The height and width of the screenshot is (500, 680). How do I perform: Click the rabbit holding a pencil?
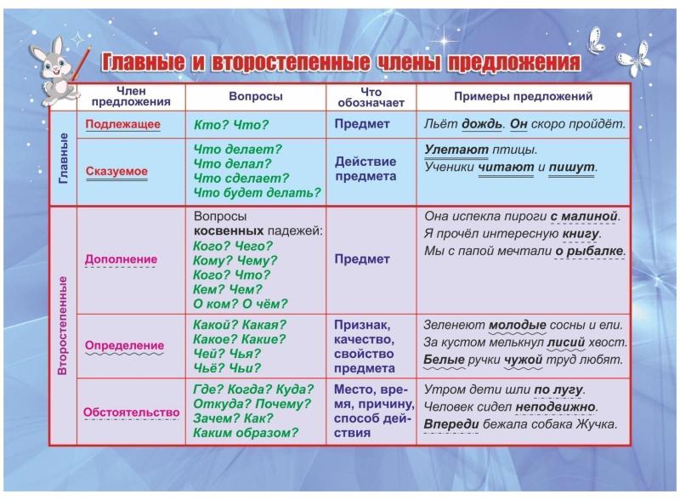click(55, 71)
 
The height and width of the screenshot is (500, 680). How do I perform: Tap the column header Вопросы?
click(256, 96)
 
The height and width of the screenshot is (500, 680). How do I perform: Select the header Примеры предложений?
click(523, 96)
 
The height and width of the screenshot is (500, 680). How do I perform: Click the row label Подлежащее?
click(122, 124)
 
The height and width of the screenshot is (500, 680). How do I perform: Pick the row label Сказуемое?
click(116, 171)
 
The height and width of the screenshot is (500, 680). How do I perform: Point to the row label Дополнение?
click(121, 259)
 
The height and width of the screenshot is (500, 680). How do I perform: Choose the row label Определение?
click(124, 345)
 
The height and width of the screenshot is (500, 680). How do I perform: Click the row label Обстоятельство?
click(132, 412)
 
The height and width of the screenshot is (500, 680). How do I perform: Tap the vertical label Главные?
click(63, 158)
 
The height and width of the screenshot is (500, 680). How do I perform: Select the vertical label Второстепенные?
click(63, 326)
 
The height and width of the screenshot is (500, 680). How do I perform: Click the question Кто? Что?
click(231, 125)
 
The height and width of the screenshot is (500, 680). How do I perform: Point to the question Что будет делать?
click(257, 192)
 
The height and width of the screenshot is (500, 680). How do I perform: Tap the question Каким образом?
click(246, 433)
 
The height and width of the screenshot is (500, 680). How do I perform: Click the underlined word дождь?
click(481, 124)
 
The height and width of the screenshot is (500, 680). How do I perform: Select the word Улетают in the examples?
click(456, 150)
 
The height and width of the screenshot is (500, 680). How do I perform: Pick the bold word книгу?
click(581, 234)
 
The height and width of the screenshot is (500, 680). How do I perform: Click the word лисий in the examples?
click(566, 343)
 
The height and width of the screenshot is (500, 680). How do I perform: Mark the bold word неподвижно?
click(555, 407)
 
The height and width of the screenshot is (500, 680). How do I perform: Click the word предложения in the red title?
click(513, 63)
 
